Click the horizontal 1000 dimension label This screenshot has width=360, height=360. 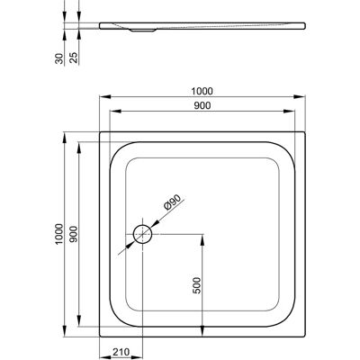[x=202, y=91]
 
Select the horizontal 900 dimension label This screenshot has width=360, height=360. [x=202, y=105]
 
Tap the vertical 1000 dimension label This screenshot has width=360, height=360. [x=59, y=234]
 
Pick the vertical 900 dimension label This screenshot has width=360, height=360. [x=74, y=234]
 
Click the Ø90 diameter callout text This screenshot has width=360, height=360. [x=172, y=202]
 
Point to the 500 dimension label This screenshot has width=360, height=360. [x=196, y=285]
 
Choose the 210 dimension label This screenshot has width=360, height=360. [x=121, y=352]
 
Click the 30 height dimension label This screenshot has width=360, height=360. [x=59, y=58]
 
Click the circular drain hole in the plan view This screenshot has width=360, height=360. [x=143, y=234]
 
